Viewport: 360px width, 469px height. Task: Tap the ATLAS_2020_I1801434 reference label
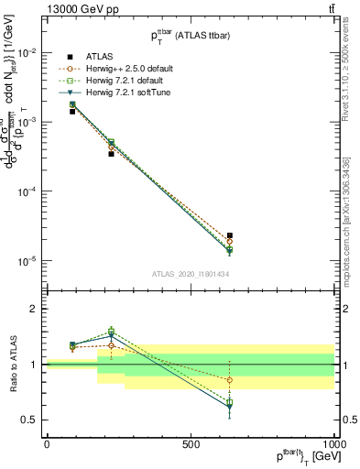pyautogui.click(x=190, y=274)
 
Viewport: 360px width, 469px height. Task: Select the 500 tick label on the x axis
pyautogui.click(x=191, y=444)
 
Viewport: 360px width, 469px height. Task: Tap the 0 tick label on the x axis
pyautogui.click(x=47, y=444)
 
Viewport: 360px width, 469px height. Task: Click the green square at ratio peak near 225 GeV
pyautogui.click(x=112, y=332)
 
